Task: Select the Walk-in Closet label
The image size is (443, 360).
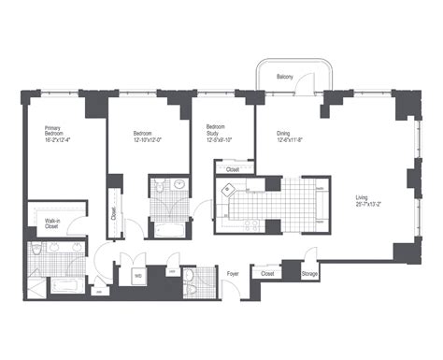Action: pos(52,224)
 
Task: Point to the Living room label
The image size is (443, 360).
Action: pos(361,197)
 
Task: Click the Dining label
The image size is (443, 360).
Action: pos(283,134)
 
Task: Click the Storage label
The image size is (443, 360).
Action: pos(308,274)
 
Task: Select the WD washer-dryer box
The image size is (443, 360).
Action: pos(137,276)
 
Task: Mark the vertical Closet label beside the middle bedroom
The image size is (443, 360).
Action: pos(113,212)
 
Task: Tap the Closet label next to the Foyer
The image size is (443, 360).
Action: pos(267,274)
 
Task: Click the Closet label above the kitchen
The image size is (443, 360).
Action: pos(233,169)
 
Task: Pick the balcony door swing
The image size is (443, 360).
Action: pos(299,87)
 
